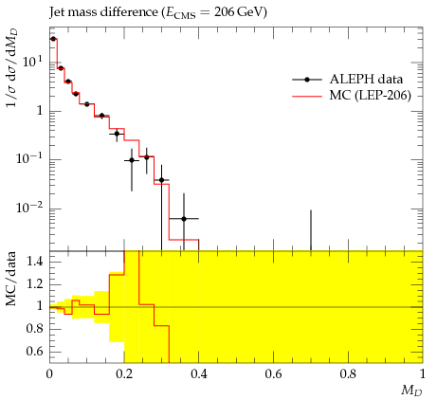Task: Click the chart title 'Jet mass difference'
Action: click(103, 12)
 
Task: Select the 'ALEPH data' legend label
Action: click(366, 80)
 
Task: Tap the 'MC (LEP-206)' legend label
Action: click(371, 95)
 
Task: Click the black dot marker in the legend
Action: click(307, 80)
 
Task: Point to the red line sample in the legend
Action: click(307, 96)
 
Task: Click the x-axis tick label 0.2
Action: click(124, 374)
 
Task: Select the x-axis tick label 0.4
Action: click(199, 374)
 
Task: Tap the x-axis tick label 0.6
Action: click(273, 374)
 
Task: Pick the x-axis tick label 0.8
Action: click(348, 374)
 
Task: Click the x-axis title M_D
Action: click(411, 391)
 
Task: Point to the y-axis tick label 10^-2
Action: click(30, 208)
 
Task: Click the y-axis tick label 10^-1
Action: click(30, 158)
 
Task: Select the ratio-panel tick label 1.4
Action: click(35, 262)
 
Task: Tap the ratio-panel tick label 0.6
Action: click(35, 351)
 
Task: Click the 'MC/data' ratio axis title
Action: click(11, 279)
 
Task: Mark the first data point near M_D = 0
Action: click(53, 39)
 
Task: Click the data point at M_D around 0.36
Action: click(184, 219)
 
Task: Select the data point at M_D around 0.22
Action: click(132, 160)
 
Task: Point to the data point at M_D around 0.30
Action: click(161, 180)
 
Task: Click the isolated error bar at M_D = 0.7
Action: click(311, 230)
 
